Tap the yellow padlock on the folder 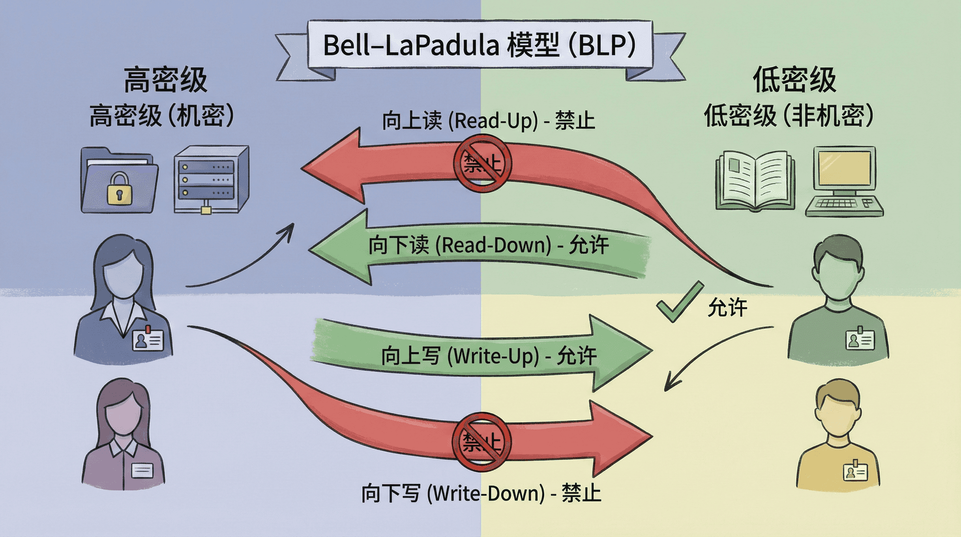(x=120, y=189)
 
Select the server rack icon (x=211, y=179)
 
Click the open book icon (x=755, y=180)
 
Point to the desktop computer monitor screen (x=844, y=168)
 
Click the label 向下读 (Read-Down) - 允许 (x=488, y=245)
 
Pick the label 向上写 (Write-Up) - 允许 (x=488, y=356)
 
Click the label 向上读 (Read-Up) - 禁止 (x=488, y=121)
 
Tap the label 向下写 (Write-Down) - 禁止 (x=481, y=493)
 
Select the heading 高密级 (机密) (x=162, y=116)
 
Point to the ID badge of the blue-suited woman (x=147, y=340)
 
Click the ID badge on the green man (x=860, y=340)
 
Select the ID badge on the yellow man (x=855, y=471)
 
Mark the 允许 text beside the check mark (x=727, y=307)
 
